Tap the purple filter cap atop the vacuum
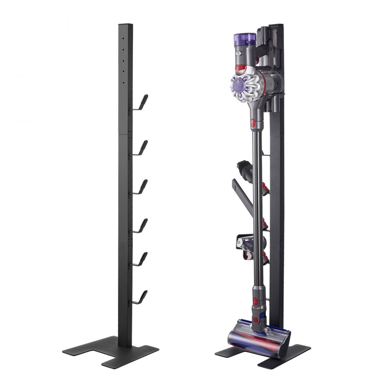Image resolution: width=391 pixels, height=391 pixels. (245, 39)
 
